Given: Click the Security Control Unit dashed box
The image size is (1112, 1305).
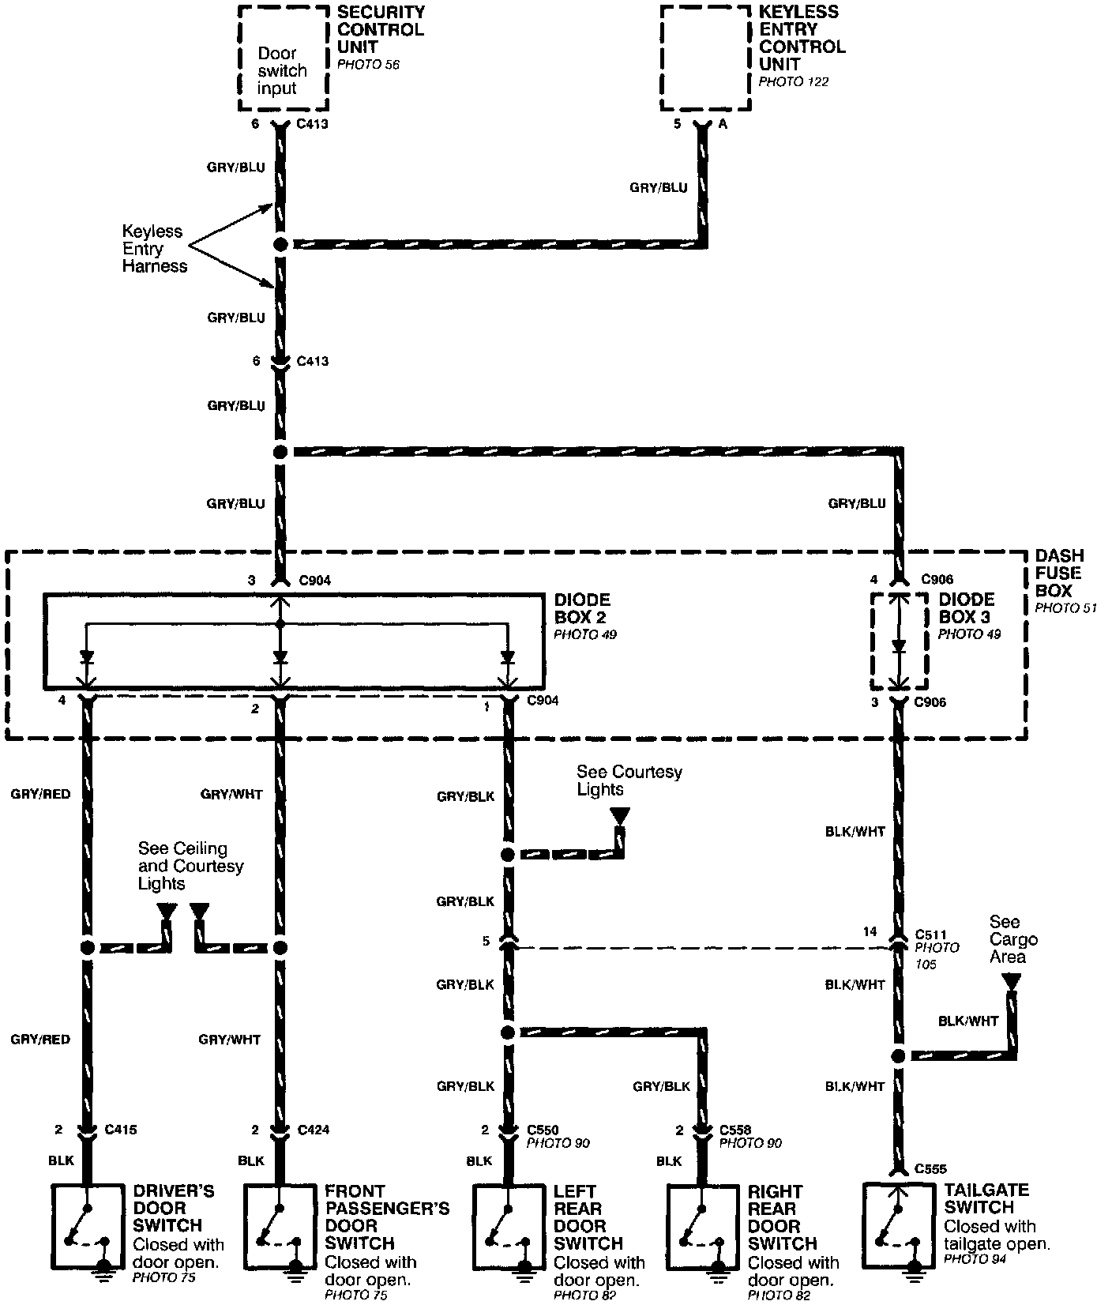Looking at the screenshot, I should (x=283, y=58).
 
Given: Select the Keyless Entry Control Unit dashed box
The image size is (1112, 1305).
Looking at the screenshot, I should (x=704, y=58).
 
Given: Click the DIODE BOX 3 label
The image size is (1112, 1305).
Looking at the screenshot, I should (x=967, y=608).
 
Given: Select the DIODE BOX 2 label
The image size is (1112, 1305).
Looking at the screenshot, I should (x=582, y=609).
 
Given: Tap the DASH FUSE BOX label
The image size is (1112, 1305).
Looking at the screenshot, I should (x=1058, y=574).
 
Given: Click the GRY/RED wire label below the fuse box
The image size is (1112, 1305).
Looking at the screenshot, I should (x=40, y=794).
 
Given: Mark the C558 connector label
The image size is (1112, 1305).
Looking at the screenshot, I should (x=735, y=1130).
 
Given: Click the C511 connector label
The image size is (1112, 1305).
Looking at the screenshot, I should (x=930, y=934).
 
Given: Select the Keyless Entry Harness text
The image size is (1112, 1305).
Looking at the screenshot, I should (x=154, y=249).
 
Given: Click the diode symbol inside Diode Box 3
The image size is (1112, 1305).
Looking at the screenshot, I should (x=898, y=646).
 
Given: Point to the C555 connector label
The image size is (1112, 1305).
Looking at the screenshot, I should (x=930, y=1168).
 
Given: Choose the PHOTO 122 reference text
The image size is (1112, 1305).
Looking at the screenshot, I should (x=793, y=81).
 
